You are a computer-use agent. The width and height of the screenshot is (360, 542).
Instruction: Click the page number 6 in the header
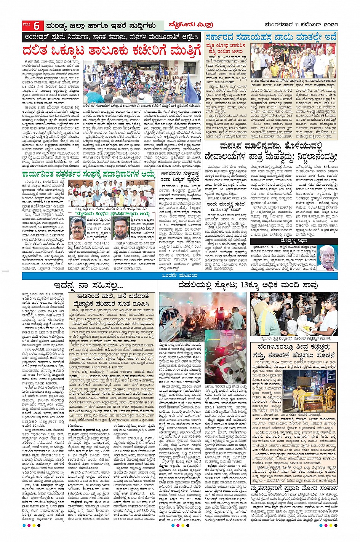coord(37,26)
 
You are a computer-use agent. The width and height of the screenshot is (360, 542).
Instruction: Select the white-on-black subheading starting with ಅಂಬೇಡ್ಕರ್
coord(111,38)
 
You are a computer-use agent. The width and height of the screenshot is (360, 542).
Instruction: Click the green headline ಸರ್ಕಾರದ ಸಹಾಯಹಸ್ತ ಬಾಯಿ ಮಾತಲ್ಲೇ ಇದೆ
coord(271,37)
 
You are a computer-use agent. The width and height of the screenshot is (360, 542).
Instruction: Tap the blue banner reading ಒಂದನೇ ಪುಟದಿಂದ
coord(179,276)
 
